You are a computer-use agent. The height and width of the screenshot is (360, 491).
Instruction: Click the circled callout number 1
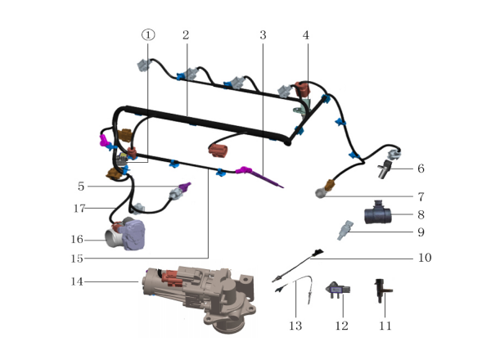(x=147, y=35)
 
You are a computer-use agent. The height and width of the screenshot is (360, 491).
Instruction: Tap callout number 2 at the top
(x=186, y=35)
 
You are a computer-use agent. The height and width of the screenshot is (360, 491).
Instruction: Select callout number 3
(x=263, y=35)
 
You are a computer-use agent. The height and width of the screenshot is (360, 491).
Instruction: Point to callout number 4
(x=306, y=35)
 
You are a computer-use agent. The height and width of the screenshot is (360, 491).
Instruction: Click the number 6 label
(x=421, y=169)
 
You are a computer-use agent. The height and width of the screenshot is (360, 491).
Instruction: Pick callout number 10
(x=424, y=257)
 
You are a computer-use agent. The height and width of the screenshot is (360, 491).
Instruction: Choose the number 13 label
(x=295, y=326)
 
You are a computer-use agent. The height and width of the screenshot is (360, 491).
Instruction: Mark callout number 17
(x=79, y=209)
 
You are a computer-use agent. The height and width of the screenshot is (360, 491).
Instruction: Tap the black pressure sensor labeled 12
(x=337, y=290)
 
